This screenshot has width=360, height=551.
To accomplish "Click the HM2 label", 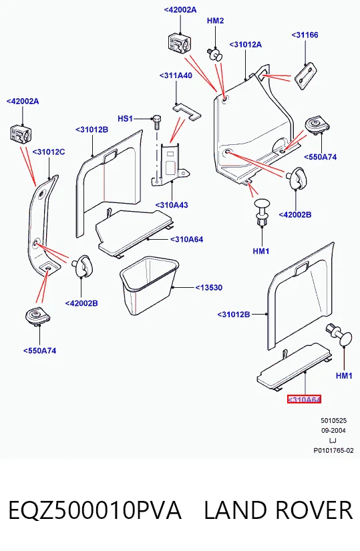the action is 215,21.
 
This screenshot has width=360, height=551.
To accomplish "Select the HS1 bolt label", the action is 125,118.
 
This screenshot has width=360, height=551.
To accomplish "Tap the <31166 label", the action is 305,35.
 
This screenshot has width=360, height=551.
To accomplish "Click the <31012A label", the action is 245,45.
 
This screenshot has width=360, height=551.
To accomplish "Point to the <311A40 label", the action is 176,75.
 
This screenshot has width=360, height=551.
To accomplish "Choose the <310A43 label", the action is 172,205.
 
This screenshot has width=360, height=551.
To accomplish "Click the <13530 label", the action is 209,287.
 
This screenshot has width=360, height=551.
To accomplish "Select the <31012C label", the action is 49,152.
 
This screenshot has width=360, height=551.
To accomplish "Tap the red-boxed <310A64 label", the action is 304,399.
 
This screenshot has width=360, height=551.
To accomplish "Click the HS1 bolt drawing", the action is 157,122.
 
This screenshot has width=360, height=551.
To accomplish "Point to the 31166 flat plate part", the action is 305,76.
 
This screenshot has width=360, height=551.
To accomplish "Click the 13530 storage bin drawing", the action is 149,285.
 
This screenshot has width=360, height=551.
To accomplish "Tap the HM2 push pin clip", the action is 215,55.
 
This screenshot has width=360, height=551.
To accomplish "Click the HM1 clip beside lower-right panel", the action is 339,335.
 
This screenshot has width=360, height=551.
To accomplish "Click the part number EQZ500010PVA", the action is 95,510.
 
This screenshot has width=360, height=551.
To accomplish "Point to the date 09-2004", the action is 333,431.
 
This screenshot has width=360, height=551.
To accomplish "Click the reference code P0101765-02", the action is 334,451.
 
